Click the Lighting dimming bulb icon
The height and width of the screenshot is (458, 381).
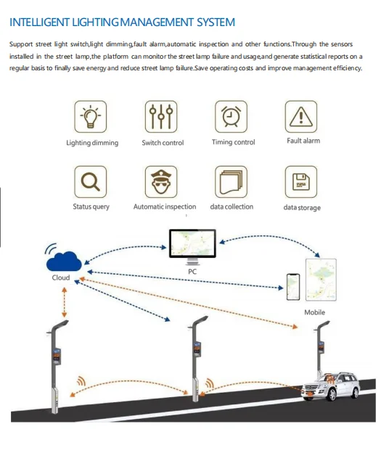point(91,117)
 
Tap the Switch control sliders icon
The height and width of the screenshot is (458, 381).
point(162,117)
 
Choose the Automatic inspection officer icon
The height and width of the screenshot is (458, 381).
point(162,182)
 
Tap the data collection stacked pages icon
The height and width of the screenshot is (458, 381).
point(232,182)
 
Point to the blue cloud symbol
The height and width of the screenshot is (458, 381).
point(62,259)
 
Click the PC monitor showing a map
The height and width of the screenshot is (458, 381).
point(192,245)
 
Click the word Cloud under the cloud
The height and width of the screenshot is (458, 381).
point(61,278)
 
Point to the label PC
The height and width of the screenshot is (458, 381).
point(192,272)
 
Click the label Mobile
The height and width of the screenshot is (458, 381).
point(315,312)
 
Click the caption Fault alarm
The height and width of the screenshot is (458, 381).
point(303,141)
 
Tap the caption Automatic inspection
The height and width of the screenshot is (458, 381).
point(165,207)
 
